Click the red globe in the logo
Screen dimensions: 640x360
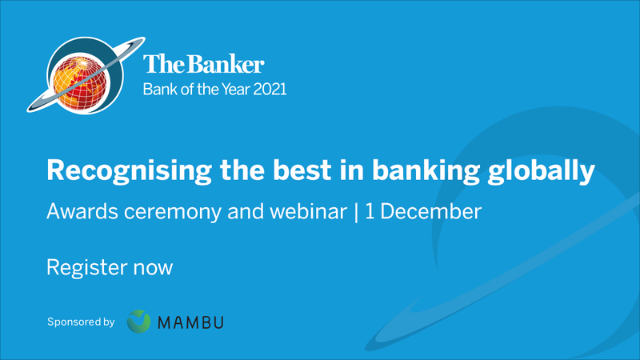(80, 83)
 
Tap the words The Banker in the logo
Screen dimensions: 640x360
(204, 64)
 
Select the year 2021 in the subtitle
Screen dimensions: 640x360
(270, 90)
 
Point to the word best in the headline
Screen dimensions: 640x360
(302, 170)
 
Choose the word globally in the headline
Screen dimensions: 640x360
(542, 170)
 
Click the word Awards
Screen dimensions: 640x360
(82, 211)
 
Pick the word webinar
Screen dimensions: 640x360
(308, 211)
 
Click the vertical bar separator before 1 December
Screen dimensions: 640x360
(356, 212)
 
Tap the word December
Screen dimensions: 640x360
(430, 211)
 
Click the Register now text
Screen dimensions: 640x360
(110, 268)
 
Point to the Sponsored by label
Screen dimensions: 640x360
(81, 322)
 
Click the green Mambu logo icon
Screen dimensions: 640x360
(138, 322)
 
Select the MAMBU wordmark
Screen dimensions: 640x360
(190, 322)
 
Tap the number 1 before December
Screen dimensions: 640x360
(370, 211)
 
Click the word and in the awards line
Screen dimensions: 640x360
(246, 211)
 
